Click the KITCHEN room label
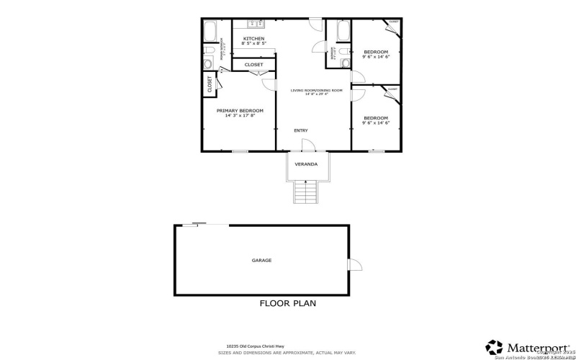point(253,38)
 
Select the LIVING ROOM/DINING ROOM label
point(309,91)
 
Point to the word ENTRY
point(301,130)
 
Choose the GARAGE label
point(261,260)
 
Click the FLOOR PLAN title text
point(287,303)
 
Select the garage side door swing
point(354,265)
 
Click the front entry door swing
point(307,145)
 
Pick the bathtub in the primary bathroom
point(212,32)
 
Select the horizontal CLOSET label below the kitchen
point(253,65)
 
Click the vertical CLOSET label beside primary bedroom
point(210,85)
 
